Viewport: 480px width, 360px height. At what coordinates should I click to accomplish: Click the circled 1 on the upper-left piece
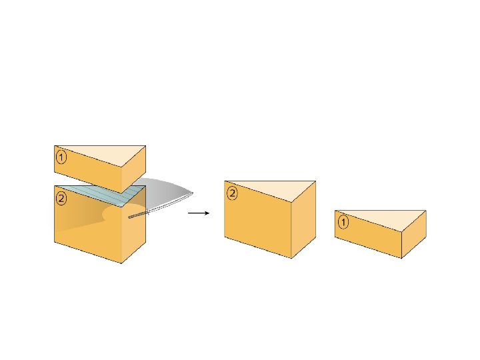[x=61, y=158]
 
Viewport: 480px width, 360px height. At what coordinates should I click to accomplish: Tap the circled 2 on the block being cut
[x=61, y=198]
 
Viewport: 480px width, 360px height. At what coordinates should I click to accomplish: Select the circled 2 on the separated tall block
[x=233, y=193]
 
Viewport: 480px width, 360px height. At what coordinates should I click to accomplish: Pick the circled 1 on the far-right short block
[x=343, y=222]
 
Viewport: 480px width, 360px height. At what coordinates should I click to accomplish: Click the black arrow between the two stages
[x=199, y=213]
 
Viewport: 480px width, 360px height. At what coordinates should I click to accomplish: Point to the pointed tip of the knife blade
[x=193, y=194]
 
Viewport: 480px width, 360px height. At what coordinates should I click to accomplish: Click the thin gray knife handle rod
[x=139, y=215]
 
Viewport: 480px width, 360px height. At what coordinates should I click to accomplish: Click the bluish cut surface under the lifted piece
[x=100, y=194]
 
